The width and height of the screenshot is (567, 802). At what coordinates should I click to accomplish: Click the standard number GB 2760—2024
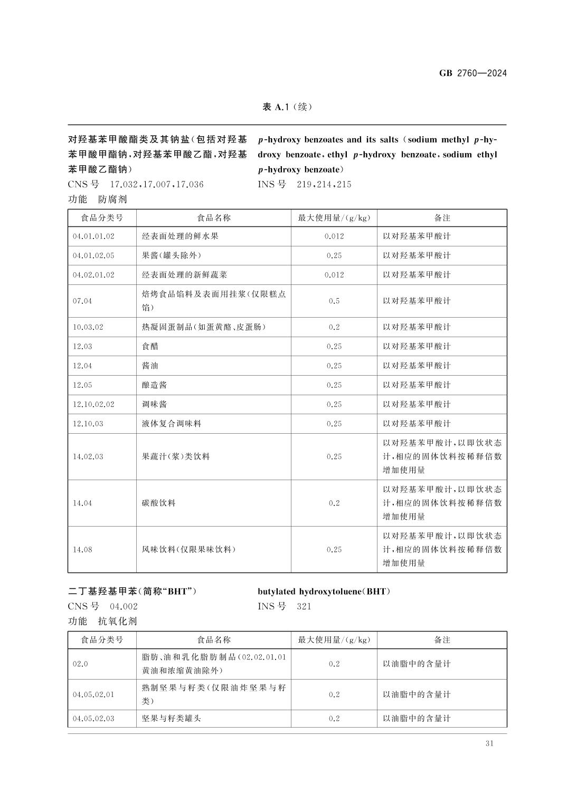[x=472, y=73]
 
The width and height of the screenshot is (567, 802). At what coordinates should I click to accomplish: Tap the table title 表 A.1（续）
[x=287, y=107]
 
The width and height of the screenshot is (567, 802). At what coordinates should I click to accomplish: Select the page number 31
[x=489, y=743]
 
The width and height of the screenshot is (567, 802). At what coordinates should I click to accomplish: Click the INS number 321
[x=304, y=606]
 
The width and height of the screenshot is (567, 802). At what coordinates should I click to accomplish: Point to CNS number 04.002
[x=124, y=606]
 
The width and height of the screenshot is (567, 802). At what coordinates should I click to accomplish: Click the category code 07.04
[x=82, y=301]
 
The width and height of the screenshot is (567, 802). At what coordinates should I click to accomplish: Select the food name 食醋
[x=150, y=346]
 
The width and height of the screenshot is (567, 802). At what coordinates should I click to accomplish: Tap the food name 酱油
[x=150, y=366]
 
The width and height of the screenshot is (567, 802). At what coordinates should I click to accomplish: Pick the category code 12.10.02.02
[x=93, y=404]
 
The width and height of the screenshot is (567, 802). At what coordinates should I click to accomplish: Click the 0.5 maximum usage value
[x=334, y=301]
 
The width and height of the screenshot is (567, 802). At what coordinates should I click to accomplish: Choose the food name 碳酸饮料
[x=158, y=503]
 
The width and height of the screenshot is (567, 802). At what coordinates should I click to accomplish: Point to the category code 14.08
[x=82, y=549]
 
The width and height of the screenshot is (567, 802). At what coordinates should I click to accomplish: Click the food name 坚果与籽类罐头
[x=172, y=718]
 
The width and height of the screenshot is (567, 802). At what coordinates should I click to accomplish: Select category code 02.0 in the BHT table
[x=80, y=664]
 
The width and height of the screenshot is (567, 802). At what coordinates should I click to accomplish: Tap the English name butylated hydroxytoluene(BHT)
[x=324, y=591]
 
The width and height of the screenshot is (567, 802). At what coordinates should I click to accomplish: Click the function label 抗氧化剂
[x=117, y=621]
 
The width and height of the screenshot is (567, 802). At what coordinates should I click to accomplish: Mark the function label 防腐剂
[x=112, y=199]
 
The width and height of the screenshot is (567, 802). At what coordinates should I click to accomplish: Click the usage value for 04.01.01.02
[x=334, y=236]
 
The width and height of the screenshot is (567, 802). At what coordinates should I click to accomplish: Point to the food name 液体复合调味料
[x=172, y=424]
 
